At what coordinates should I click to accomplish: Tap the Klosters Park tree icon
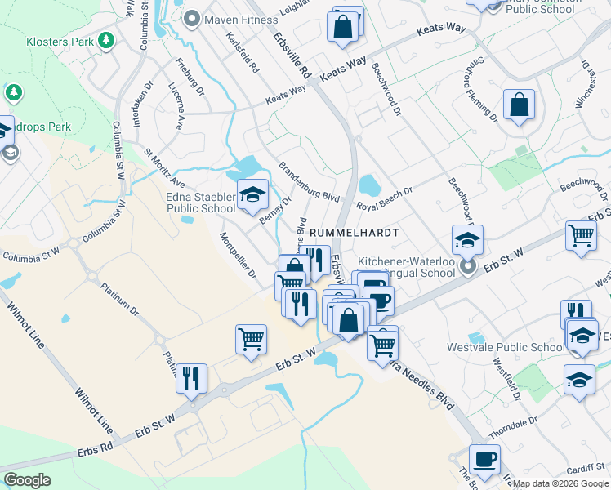click(x=105, y=39)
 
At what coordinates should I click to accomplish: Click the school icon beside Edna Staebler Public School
click(x=253, y=194)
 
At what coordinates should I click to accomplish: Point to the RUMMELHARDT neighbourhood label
click(x=354, y=233)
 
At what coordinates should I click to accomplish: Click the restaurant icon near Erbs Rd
click(x=191, y=378)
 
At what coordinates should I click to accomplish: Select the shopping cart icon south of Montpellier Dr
click(x=251, y=339)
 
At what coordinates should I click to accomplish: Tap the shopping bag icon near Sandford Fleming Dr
click(x=519, y=105)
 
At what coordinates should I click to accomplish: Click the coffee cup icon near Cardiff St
click(x=484, y=459)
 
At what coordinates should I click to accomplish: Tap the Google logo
click(x=27, y=479)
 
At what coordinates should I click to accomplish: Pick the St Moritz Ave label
click(x=164, y=166)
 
